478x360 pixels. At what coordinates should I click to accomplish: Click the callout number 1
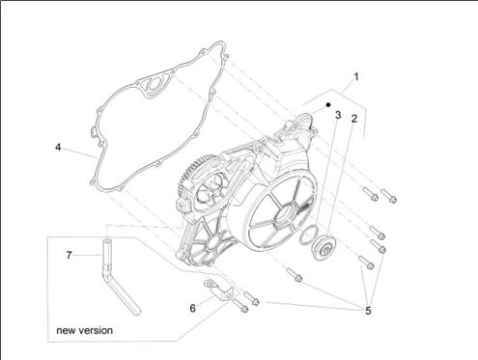coord(356,77)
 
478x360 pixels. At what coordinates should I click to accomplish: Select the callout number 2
coord(354,119)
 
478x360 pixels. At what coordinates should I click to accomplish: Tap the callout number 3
coord(338,115)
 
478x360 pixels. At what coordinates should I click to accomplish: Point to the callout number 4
coord(58,148)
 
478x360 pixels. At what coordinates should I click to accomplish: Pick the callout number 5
coord(368,311)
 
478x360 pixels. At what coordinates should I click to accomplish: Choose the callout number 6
coord(192,308)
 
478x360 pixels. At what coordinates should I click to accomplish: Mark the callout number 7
coord(69,255)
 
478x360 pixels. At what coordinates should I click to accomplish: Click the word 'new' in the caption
coord(67,330)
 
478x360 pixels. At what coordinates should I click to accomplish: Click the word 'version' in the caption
coord(97,330)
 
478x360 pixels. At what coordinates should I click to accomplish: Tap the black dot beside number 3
coord(328,105)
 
